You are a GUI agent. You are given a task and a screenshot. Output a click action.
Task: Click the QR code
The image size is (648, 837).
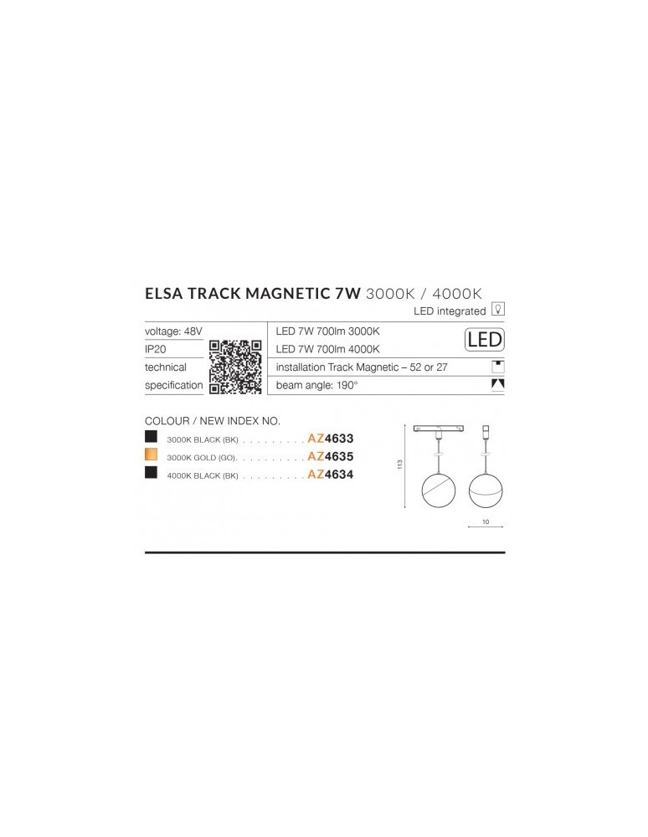(x=236, y=367)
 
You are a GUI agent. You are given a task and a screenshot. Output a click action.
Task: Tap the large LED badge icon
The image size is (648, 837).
(x=483, y=340)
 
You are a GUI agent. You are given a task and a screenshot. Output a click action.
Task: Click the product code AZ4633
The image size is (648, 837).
(x=331, y=437)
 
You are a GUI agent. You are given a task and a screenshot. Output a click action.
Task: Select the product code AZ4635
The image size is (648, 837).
(x=331, y=456)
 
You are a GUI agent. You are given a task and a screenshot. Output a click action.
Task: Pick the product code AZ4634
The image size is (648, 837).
(x=331, y=474)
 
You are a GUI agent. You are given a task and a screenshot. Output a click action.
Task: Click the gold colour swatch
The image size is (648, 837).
(x=151, y=456)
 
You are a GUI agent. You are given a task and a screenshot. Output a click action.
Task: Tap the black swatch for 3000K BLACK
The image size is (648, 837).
(x=151, y=437)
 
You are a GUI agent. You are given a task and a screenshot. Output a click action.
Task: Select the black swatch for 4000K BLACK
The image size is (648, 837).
(x=151, y=474)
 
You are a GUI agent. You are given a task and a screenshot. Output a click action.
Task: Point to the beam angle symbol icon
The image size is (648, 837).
(x=498, y=385)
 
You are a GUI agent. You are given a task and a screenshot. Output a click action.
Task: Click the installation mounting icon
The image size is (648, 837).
(x=498, y=367)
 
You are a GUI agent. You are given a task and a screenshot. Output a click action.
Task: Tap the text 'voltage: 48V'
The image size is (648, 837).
(x=173, y=331)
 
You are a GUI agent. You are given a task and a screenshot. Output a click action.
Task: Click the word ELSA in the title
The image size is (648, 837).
(x=168, y=292)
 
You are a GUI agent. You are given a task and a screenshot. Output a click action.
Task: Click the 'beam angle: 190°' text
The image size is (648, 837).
(x=317, y=386)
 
